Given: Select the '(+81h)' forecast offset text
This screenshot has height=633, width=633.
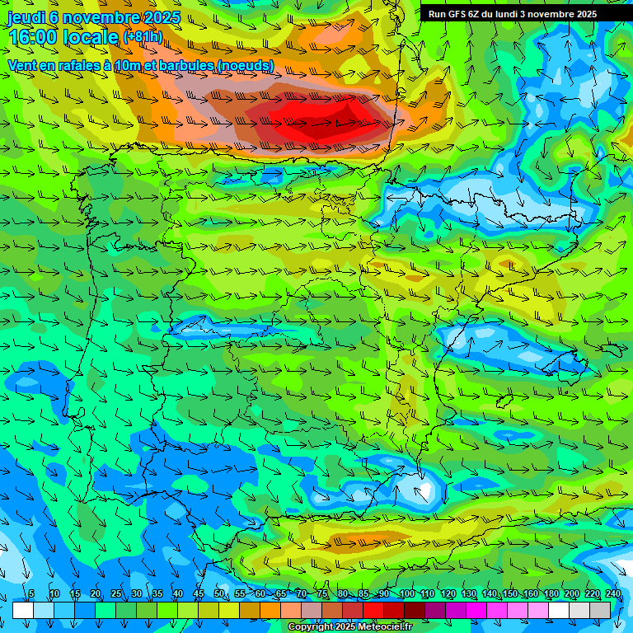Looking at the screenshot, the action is point(142,37).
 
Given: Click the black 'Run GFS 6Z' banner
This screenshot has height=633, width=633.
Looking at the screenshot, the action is point(512,13).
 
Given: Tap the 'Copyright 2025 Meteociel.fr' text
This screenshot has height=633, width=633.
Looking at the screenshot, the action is point(350,627).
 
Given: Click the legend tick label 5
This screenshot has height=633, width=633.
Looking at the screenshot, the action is point(31,594).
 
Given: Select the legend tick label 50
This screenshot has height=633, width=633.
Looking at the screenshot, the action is point(218,594).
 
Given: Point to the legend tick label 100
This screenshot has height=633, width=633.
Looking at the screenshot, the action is point(406,594).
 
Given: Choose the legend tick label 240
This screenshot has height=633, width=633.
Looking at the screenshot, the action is point(612,594).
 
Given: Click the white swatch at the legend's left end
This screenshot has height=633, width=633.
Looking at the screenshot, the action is point(22,610).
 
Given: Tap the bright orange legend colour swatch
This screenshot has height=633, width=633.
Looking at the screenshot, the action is point(270,610).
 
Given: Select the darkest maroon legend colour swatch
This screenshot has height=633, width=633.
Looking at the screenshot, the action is point(414,610).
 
